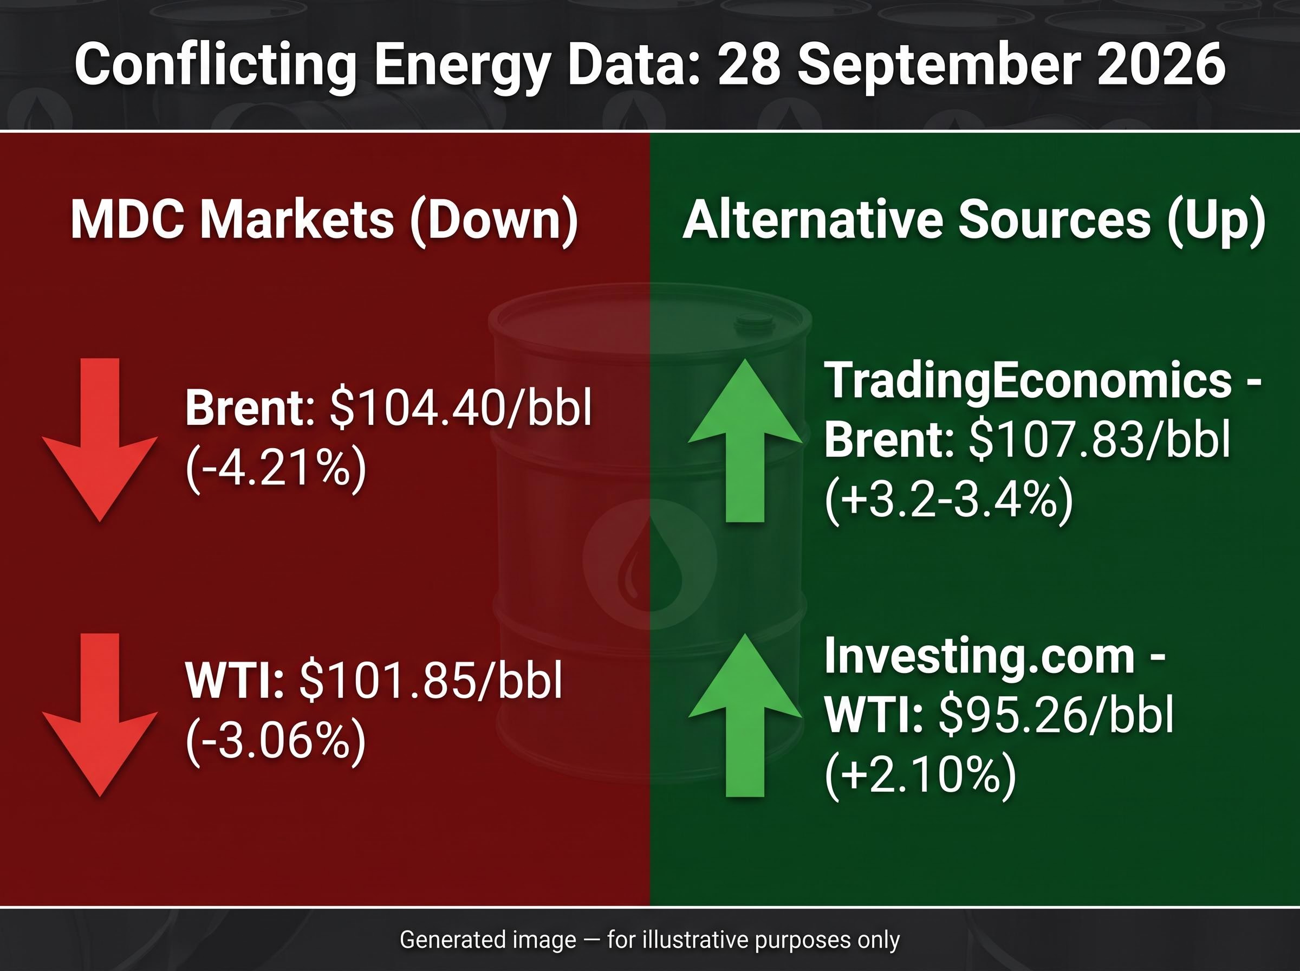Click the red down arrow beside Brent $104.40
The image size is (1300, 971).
coord(100,439)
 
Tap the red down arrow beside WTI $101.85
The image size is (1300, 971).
coord(100,715)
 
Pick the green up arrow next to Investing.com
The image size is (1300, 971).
coord(745,715)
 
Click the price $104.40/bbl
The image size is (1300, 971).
coord(460,407)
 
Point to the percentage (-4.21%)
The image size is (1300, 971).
coord(276,469)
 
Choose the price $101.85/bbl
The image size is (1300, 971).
coord(431,681)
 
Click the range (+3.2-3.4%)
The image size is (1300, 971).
coord(948,500)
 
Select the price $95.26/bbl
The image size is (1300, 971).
coord(1056,715)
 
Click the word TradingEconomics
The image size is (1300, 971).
coord(1028,381)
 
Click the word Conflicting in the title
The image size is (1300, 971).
coord(215,64)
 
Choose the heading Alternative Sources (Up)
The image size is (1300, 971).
coord(974,220)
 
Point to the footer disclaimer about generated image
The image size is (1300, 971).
coord(649,939)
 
